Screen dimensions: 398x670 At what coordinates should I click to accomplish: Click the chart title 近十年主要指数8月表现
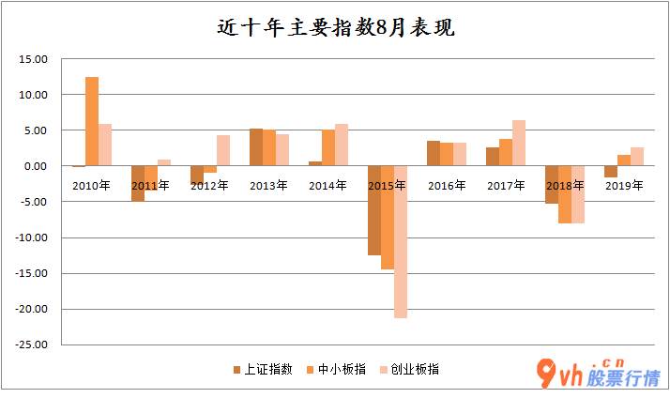(x=334, y=27)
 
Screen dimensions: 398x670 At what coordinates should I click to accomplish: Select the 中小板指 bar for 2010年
(x=92, y=121)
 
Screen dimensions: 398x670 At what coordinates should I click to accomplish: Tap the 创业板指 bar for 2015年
(x=401, y=242)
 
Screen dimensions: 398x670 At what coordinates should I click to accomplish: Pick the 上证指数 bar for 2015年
(x=374, y=210)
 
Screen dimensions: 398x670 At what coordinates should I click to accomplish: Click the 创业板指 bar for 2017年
(x=519, y=143)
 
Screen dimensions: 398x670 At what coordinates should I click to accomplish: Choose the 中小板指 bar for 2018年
(x=565, y=194)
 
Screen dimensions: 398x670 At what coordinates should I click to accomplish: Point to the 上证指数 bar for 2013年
(x=255, y=147)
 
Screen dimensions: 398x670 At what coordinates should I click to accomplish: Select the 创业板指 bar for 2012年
(x=223, y=150)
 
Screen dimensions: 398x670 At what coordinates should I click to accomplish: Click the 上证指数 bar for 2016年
(x=434, y=153)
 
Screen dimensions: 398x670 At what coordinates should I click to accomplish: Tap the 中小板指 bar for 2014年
(x=328, y=147)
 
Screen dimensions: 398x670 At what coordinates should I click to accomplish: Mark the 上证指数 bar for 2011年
(x=138, y=183)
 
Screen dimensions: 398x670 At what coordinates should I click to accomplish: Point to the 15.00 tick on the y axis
(x=34, y=59)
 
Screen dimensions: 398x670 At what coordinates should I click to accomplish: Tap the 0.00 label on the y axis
(x=37, y=166)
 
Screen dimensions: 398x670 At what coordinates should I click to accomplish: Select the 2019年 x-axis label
(x=624, y=186)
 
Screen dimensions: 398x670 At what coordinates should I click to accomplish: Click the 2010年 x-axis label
(x=91, y=186)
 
